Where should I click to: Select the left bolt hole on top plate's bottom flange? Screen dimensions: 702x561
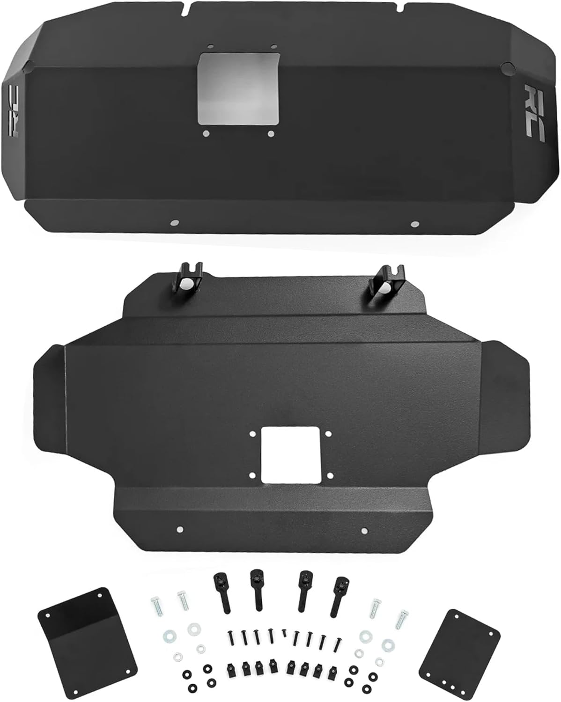175,223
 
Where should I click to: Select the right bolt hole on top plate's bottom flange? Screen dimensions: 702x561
413,224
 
